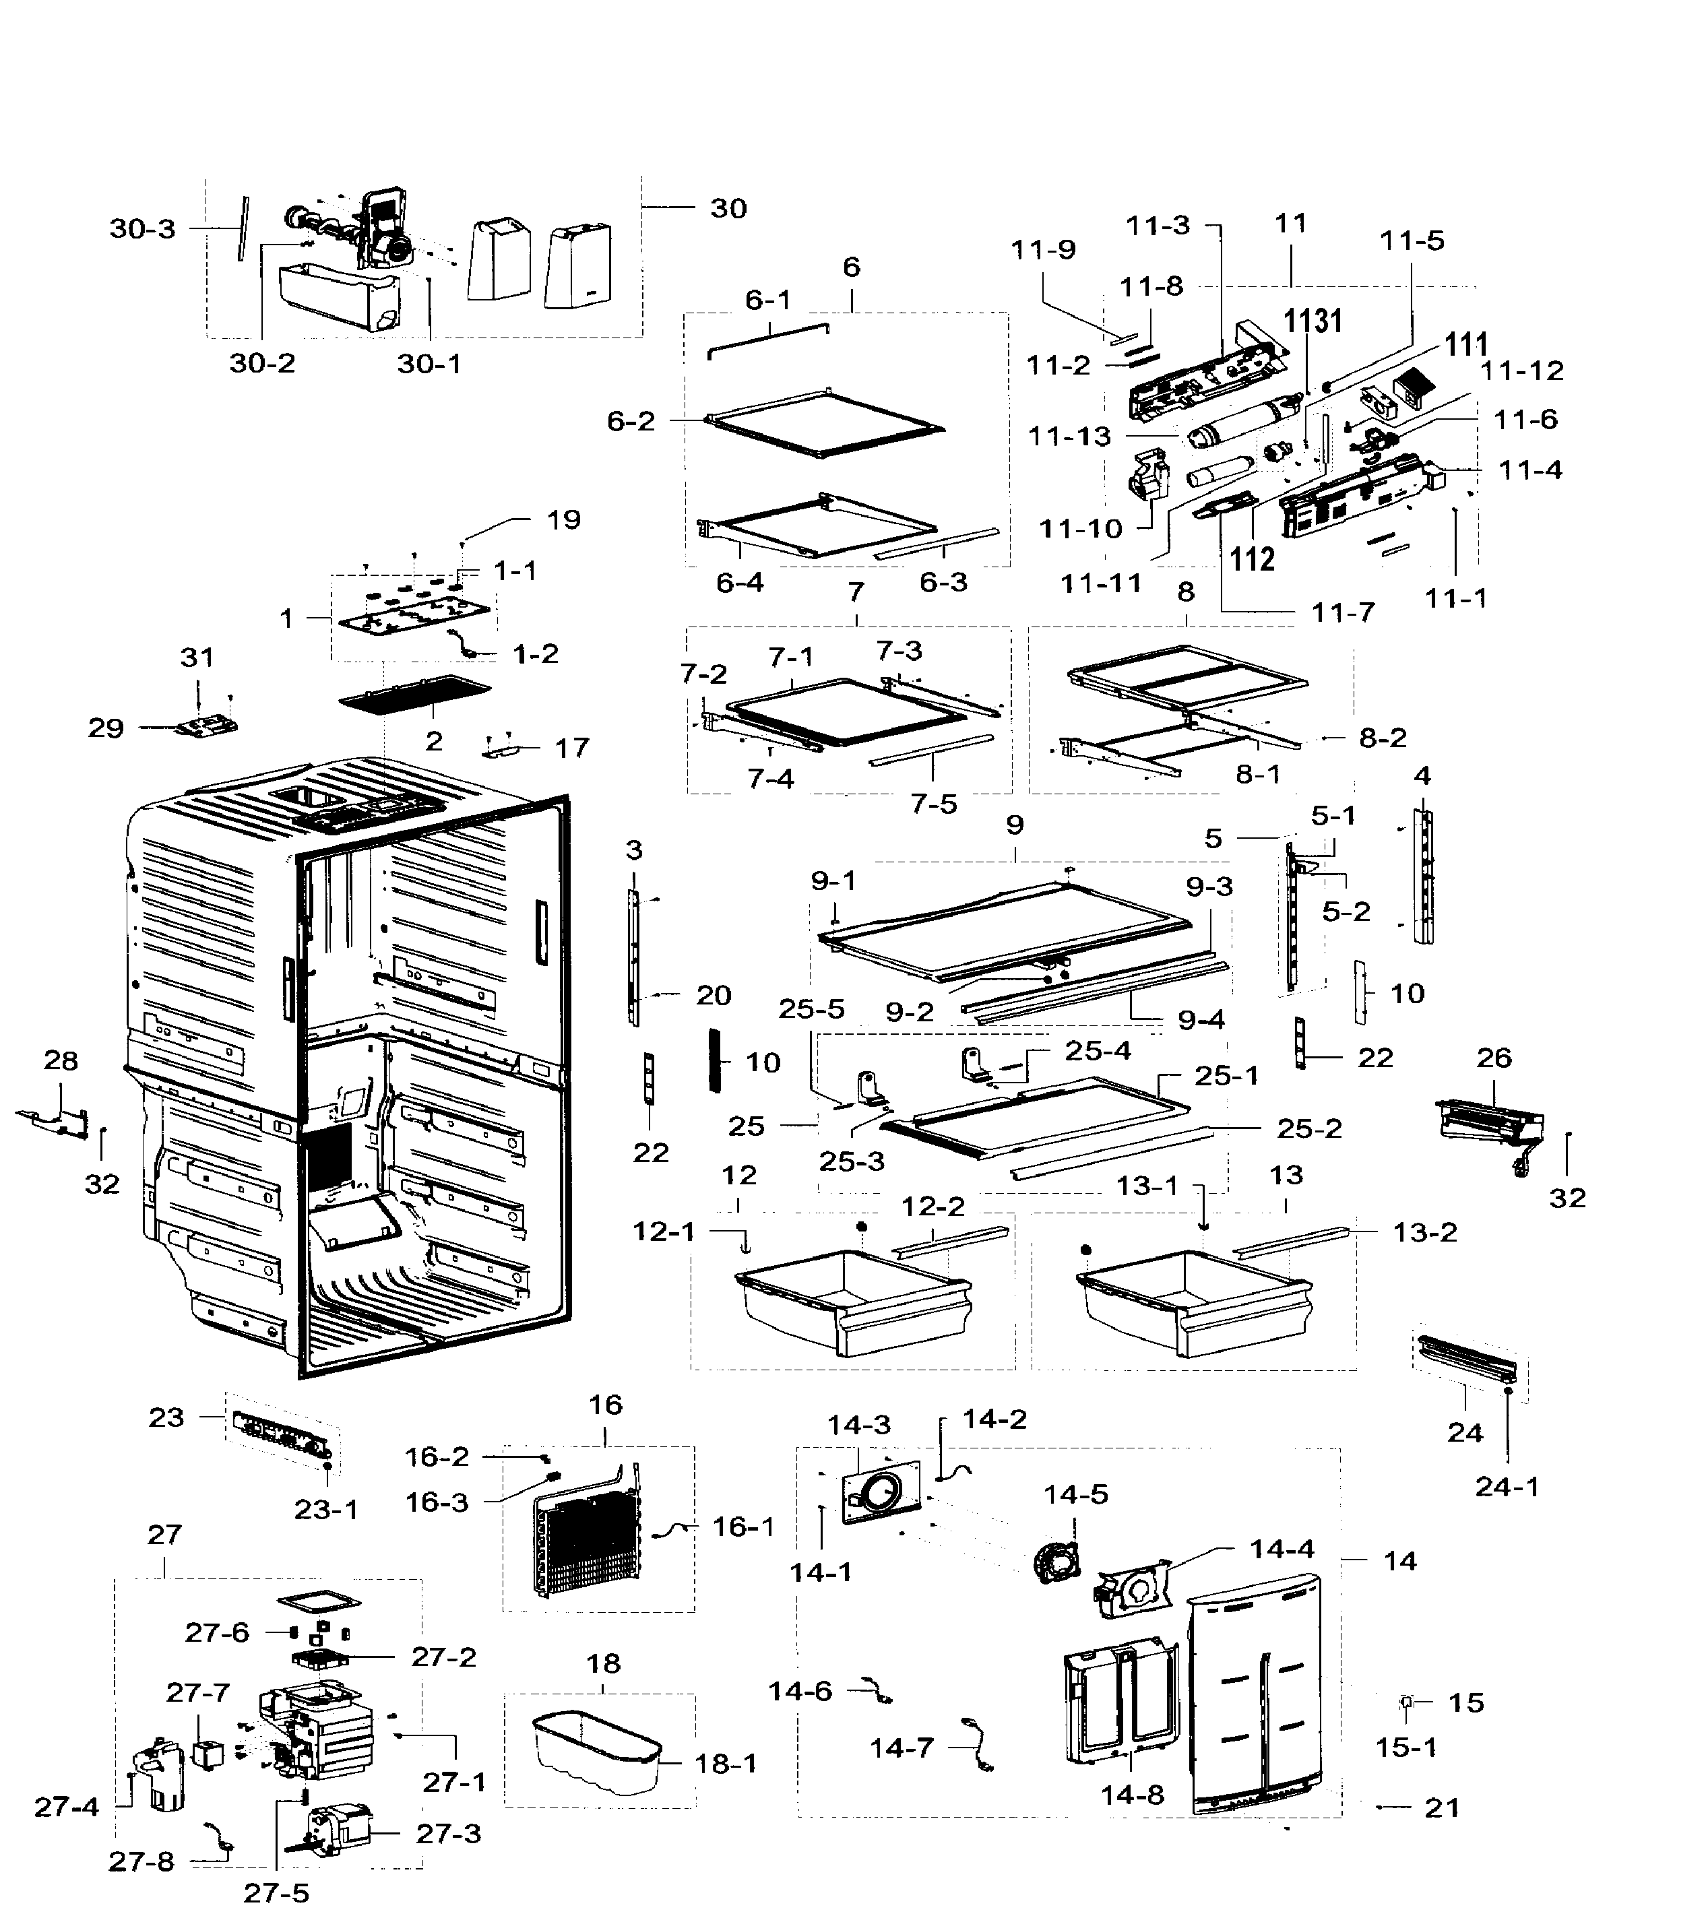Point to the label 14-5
[1075, 1494]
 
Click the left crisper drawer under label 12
[851, 1301]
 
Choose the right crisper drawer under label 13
[1193, 1301]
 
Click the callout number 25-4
[1098, 1050]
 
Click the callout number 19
[564, 519]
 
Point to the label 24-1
[1507, 1486]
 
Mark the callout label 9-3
[1209, 886]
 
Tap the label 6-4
[739, 582]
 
